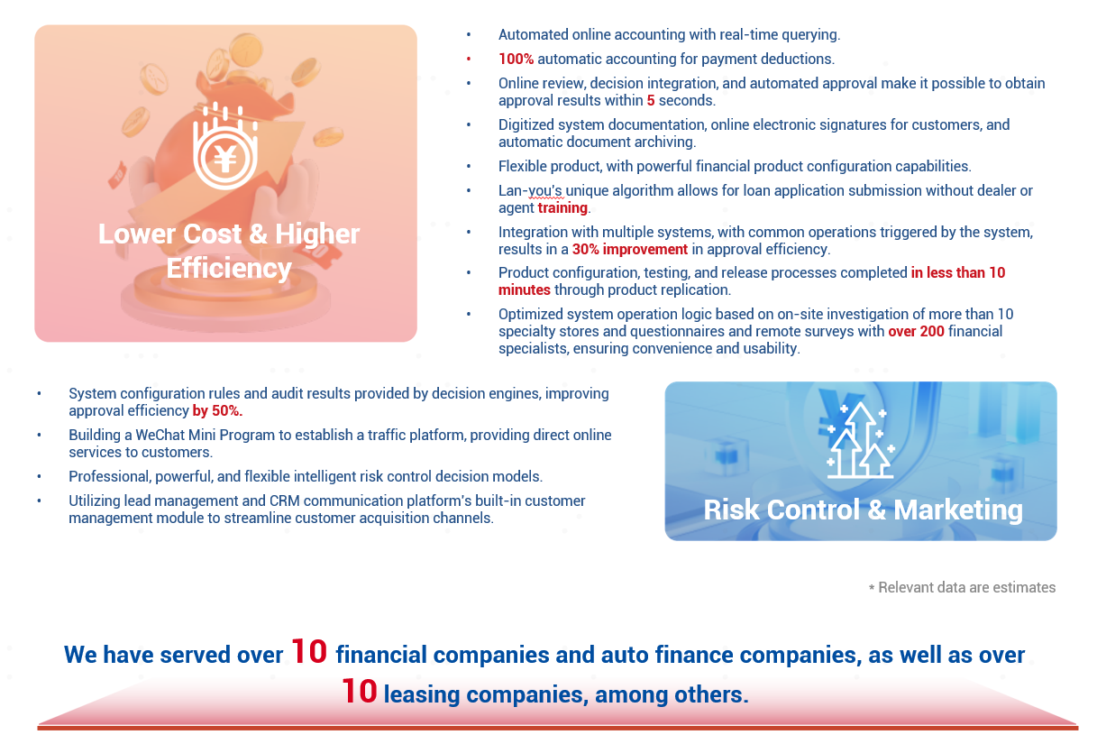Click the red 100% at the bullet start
[x=516, y=59]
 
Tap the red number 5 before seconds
[x=651, y=100]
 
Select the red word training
[x=562, y=207]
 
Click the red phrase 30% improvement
[x=630, y=250]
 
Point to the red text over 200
[x=916, y=331]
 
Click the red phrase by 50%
[x=217, y=410]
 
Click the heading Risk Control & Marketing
[x=863, y=510]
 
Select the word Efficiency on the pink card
[x=229, y=269]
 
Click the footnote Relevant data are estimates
[x=966, y=587]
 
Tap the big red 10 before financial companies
[x=308, y=652]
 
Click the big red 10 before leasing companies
[x=359, y=692]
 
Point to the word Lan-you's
[x=530, y=190]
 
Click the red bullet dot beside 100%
[x=469, y=60]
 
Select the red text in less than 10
[x=958, y=272]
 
